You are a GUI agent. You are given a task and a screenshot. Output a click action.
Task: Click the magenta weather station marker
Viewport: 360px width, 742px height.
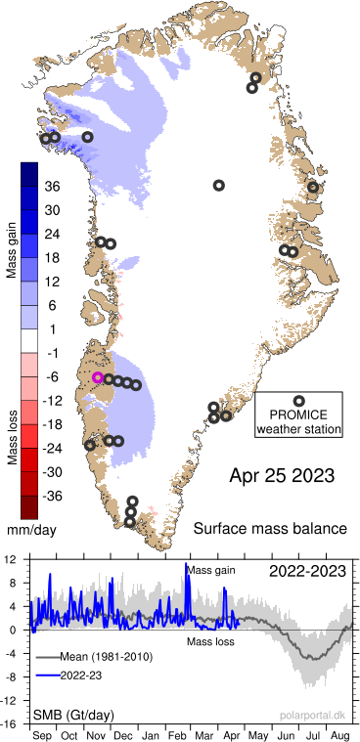pyautogui.click(x=98, y=377)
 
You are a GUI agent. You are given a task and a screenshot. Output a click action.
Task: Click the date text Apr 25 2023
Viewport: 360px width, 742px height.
pyautogui.click(x=282, y=477)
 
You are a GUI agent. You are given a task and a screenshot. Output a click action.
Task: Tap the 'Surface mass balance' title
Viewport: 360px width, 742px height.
pyautogui.click(x=270, y=529)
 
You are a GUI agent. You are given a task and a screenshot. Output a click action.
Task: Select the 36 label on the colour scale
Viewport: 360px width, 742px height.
pyautogui.click(x=53, y=186)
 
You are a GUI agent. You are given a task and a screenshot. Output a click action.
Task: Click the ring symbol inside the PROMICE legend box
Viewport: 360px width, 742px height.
pyautogui.click(x=298, y=400)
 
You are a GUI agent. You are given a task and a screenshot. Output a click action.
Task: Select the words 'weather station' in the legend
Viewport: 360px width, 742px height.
pyautogui.click(x=298, y=427)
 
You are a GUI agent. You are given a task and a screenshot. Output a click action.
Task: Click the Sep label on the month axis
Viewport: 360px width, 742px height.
pyautogui.click(x=42, y=733)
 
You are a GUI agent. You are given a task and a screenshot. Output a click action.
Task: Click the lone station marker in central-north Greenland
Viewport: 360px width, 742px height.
pyautogui.click(x=219, y=185)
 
